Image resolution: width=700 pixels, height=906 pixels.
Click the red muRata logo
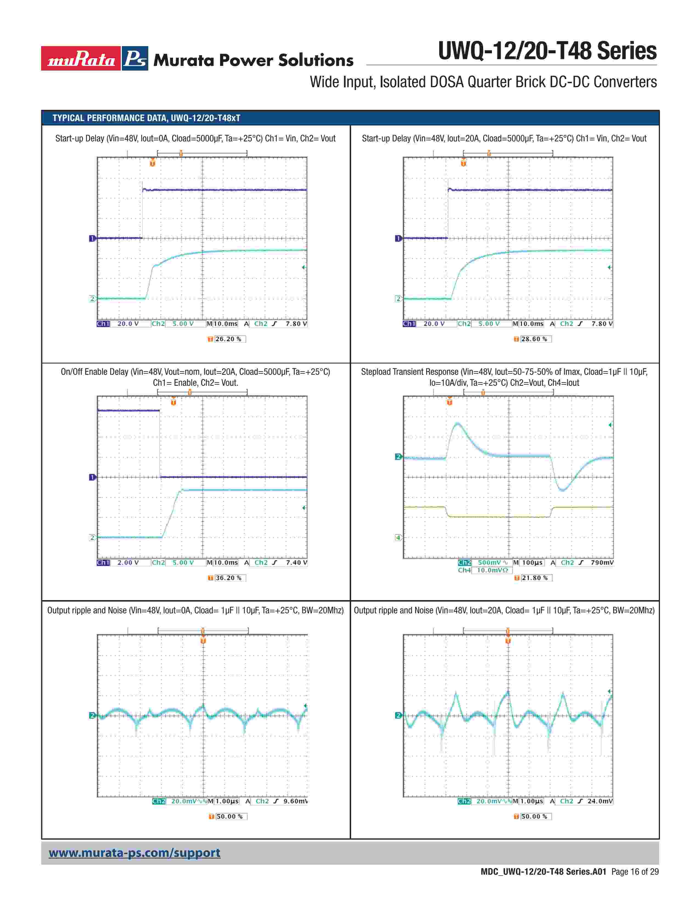click(81, 58)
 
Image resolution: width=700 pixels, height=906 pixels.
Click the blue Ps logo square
click(135, 58)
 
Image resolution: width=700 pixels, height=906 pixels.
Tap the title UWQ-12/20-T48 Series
click(547, 51)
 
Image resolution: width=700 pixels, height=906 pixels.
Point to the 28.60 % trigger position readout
click(534, 339)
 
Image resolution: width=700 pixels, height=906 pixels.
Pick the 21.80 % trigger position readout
click(534, 578)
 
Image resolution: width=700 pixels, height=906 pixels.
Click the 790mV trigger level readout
click(602, 563)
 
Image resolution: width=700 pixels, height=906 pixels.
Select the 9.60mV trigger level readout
click(295, 801)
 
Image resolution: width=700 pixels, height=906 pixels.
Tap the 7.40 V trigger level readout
click(296, 563)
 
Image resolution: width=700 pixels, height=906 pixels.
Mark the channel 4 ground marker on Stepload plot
click(398, 538)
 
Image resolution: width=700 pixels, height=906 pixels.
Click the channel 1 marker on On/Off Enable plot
click(92, 477)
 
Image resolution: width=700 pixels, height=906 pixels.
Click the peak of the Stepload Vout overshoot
click(458, 424)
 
